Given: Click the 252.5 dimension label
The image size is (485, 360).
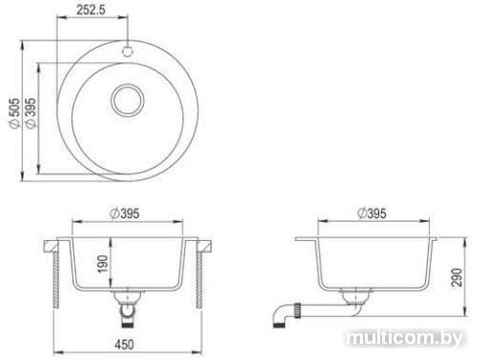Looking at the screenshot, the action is (x=91, y=10).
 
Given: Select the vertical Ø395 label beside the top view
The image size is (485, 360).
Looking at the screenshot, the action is (x=30, y=113).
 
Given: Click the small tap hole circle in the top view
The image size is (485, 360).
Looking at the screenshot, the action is (x=128, y=50).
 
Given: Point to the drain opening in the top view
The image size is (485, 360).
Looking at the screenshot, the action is (x=128, y=100).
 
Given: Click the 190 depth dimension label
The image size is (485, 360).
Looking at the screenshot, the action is (x=103, y=264).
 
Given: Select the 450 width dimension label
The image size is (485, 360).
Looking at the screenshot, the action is (x=124, y=345).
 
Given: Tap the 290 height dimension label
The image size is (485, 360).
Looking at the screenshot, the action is (x=456, y=277).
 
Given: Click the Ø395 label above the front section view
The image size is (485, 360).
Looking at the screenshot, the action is (x=125, y=213).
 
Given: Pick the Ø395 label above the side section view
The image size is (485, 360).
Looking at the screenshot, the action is (x=372, y=213).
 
